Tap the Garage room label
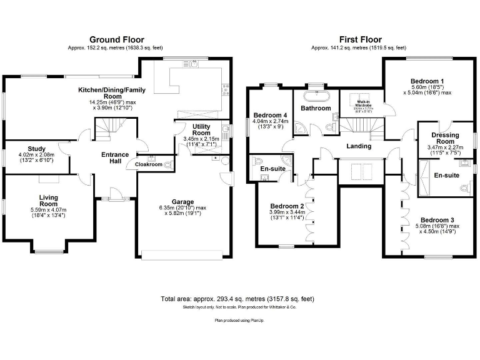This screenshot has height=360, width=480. [x=183, y=202]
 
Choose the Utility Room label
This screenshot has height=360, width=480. [x=201, y=129]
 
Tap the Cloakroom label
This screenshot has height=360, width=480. [x=149, y=164]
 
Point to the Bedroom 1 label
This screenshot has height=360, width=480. [x=427, y=81]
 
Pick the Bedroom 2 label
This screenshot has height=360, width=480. [x=287, y=206]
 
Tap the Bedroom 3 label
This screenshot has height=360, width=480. [x=437, y=220]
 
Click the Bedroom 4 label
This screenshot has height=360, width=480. [x=271, y=115]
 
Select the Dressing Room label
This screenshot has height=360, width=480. [x=445, y=139]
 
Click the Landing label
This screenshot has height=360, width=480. [x=359, y=146]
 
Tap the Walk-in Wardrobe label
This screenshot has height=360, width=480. [x=364, y=104]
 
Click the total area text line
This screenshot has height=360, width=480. [x=238, y=299]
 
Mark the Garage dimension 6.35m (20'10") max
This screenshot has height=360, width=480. [x=183, y=207]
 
